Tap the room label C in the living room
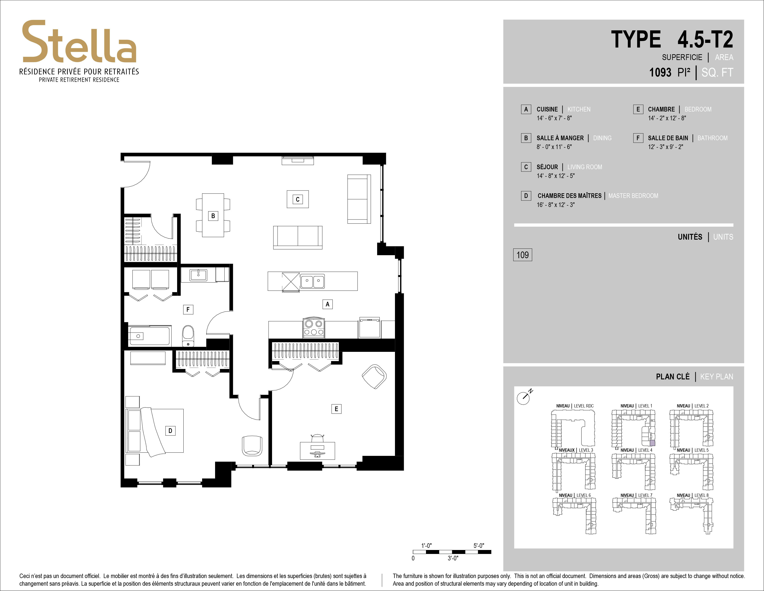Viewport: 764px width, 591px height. pyautogui.click(x=298, y=200)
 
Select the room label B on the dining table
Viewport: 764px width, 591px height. pyautogui.click(x=213, y=216)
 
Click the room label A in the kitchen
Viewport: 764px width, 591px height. pyautogui.click(x=327, y=304)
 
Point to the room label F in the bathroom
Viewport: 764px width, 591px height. pyautogui.click(x=188, y=309)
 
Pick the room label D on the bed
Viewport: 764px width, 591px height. pyautogui.click(x=170, y=431)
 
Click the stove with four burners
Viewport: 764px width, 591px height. pyautogui.click(x=314, y=328)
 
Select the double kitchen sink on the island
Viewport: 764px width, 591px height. pyautogui.click(x=312, y=281)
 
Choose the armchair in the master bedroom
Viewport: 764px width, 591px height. pyautogui.click(x=252, y=445)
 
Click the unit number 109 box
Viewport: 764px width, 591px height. pyautogui.click(x=523, y=255)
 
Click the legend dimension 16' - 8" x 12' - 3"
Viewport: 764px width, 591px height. pyautogui.click(x=556, y=205)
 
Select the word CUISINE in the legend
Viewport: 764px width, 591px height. pyautogui.click(x=547, y=109)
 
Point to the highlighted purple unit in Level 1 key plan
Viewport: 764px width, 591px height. pyautogui.click(x=652, y=443)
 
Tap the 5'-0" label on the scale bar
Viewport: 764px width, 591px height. pyautogui.click(x=479, y=546)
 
